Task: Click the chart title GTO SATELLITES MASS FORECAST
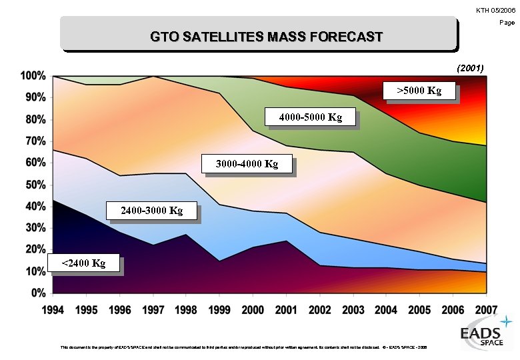click(266, 36)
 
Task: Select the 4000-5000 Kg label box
click(310, 117)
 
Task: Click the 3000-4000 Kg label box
click(247, 163)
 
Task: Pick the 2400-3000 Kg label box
click(151, 211)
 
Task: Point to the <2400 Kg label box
click(83, 263)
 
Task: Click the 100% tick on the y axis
click(33, 75)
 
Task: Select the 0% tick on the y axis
click(37, 293)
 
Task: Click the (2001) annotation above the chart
click(470, 68)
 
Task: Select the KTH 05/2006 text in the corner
click(495, 9)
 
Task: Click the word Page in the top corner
click(507, 23)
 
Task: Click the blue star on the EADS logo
click(507, 323)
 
